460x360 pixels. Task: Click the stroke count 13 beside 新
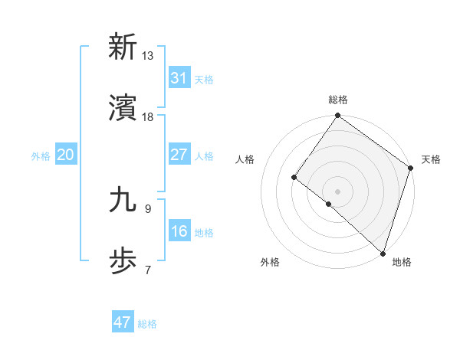pyautogui.click(x=148, y=55)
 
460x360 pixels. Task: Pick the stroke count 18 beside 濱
pyautogui.click(x=148, y=116)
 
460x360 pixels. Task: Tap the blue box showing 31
pyautogui.click(x=179, y=78)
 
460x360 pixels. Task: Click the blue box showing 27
pyautogui.click(x=179, y=155)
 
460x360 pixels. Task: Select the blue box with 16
pyautogui.click(x=179, y=231)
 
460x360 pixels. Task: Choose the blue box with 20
pyautogui.click(x=65, y=155)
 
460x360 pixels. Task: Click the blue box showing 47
pyautogui.click(x=122, y=322)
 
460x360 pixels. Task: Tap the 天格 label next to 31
pyautogui.click(x=204, y=79)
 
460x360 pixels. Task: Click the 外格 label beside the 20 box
pyautogui.click(x=41, y=155)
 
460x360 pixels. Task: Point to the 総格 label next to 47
pyautogui.click(x=147, y=323)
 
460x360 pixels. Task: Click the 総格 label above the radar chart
pyautogui.click(x=338, y=100)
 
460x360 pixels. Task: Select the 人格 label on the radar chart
pyautogui.click(x=245, y=159)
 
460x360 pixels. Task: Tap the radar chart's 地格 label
pyautogui.click(x=402, y=262)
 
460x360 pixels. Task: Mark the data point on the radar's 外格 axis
pyautogui.click(x=328, y=204)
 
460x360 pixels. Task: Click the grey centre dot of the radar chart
pyautogui.click(x=337, y=191)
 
